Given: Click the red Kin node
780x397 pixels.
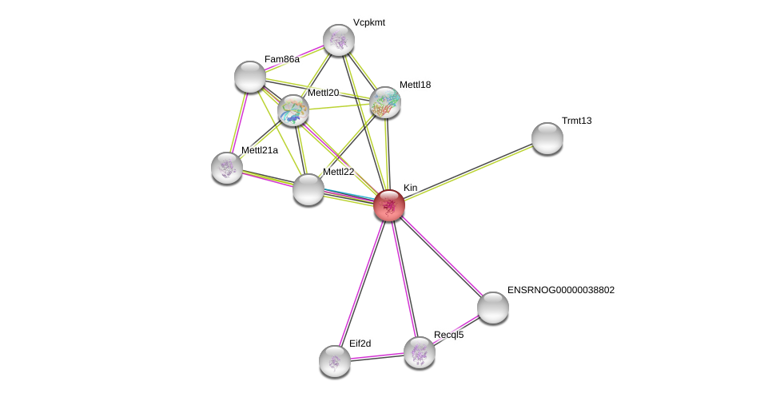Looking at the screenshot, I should [x=389, y=205].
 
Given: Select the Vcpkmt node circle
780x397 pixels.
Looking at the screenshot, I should [x=339, y=40].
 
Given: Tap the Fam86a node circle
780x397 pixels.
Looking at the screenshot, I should [x=250, y=77].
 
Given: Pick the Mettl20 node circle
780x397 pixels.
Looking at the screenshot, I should [x=293, y=110].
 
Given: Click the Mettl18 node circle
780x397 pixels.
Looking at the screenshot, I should [x=385, y=102].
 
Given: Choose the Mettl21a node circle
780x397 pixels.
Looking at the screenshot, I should [x=227, y=168].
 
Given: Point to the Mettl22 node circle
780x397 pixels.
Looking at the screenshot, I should [x=308, y=189].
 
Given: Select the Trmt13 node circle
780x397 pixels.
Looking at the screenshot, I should [x=547, y=138].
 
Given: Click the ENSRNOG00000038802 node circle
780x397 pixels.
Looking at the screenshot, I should [x=493, y=308].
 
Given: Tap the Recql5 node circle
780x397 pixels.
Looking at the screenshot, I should [x=420, y=352].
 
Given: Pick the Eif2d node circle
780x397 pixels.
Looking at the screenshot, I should [x=335, y=361].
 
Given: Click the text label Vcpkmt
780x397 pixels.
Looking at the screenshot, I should [x=369, y=22].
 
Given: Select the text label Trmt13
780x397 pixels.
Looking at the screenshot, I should [x=576, y=121].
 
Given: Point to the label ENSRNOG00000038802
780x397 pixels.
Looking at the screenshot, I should [x=561, y=290].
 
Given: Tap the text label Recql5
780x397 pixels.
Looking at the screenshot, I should [x=448, y=335].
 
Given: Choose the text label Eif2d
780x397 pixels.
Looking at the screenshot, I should [x=360, y=343].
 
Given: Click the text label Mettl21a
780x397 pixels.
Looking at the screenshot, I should [x=260, y=150].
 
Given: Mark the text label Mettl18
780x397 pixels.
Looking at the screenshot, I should [x=415, y=85].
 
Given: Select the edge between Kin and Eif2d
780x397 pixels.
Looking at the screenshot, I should [x=362, y=283].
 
